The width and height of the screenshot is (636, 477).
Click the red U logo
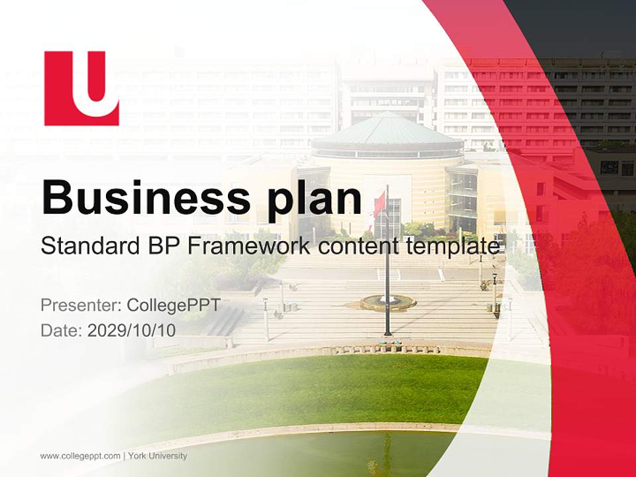(81, 88)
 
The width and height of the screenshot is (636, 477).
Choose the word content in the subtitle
(358, 246)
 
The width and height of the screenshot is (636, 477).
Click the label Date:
(62, 331)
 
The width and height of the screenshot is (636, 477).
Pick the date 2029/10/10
(132, 331)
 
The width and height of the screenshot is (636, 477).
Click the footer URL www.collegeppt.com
(80, 456)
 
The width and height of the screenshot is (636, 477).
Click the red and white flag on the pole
(378, 205)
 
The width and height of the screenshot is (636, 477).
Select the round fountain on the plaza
(388, 303)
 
